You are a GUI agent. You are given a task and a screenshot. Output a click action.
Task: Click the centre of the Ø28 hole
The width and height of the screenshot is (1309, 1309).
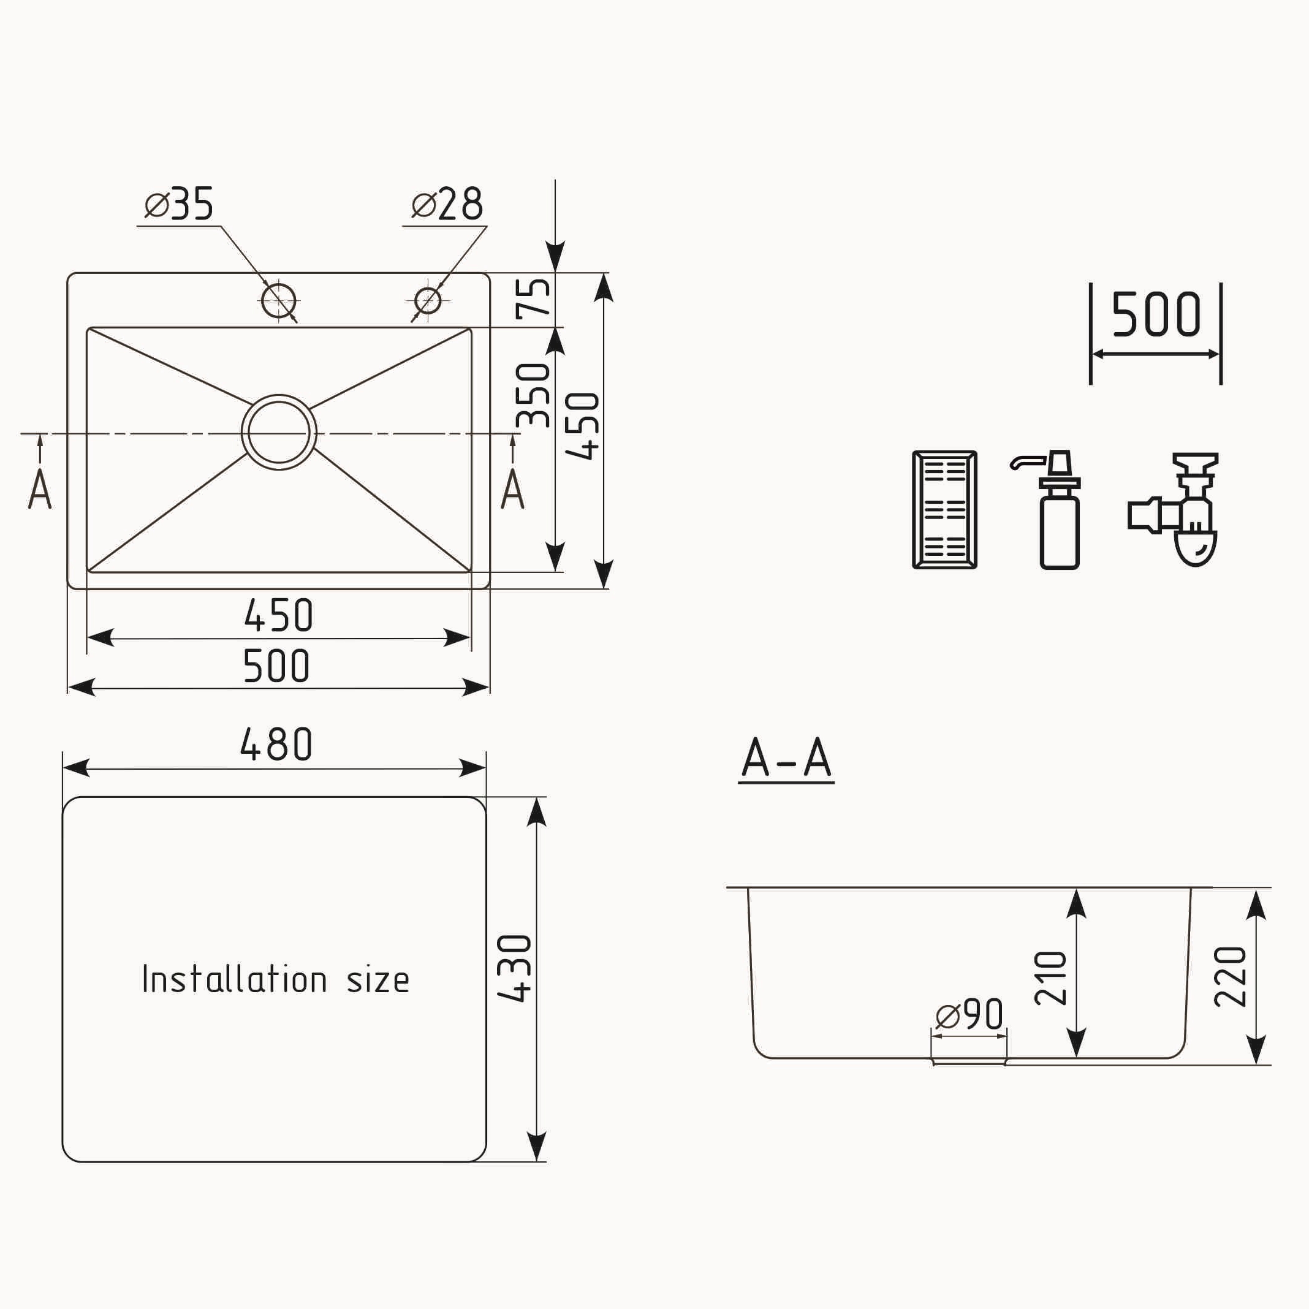(x=428, y=300)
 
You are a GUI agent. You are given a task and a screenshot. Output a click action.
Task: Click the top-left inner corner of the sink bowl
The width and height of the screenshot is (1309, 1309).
(x=88, y=328)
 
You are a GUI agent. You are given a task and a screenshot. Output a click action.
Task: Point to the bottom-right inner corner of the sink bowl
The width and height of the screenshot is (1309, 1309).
(x=470, y=571)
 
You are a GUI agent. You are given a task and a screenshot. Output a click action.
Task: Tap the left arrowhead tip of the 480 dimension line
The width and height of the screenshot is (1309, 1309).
(x=63, y=768)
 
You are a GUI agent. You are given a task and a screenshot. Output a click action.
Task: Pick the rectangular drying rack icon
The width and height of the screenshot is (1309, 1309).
(x=944, y=509)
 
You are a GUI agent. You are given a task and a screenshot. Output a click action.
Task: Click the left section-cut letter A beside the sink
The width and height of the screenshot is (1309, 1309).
(x=40, y=489)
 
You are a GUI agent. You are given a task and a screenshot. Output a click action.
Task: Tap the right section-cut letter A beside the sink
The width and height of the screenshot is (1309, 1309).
(x=512, y=489)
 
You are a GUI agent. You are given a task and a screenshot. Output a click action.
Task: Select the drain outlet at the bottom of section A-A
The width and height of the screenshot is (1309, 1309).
(x=969, y=1061)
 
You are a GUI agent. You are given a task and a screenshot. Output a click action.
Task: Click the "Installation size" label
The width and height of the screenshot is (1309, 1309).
(x=276, y=980)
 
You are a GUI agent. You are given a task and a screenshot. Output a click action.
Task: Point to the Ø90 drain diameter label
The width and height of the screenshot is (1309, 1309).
(x=969, y=1014)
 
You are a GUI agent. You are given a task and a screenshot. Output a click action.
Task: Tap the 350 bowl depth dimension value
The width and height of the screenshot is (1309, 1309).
(x=533, y=395)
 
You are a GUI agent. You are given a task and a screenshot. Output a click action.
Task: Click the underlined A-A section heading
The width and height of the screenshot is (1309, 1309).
(x=786, y=759)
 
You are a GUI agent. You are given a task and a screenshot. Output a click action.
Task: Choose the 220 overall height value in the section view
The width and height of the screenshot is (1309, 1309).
(x=1231, y=976)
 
